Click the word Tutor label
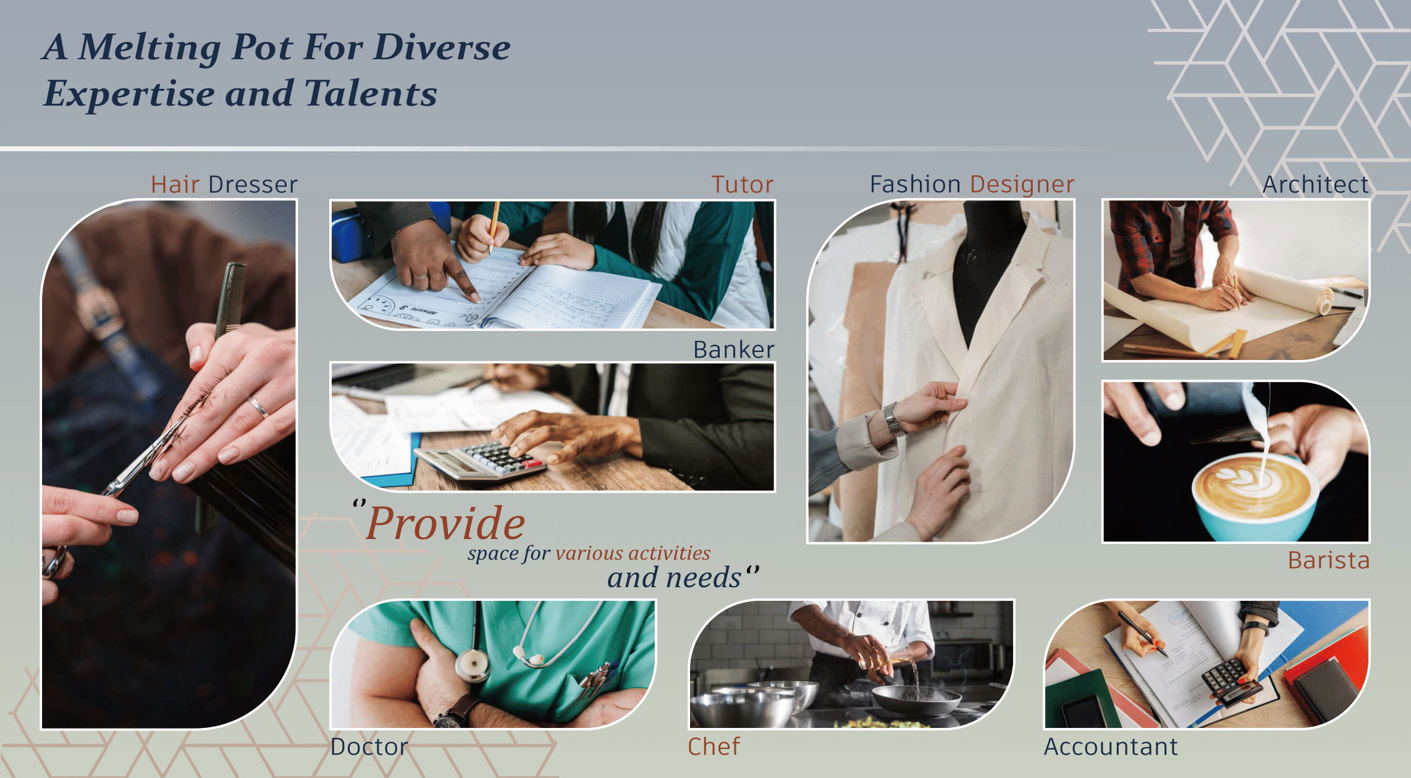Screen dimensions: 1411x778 (742, 185)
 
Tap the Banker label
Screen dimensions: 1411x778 (733, 349)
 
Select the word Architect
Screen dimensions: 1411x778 (1316, 185)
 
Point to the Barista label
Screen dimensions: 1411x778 (1329, 560)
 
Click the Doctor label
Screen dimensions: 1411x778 (369, 747)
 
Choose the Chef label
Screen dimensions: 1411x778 (714, 747)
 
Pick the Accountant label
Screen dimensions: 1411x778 (1111, 747)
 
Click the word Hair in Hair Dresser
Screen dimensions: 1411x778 (175, 185)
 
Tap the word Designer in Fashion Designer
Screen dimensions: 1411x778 (1022, 184)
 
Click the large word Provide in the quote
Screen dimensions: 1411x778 (445, 524)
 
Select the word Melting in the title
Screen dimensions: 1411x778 (150, 48)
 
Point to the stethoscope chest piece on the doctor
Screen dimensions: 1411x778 (473, 666)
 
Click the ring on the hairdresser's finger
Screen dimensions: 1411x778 (259, 406)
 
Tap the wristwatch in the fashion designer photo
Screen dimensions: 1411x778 (891, 419)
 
